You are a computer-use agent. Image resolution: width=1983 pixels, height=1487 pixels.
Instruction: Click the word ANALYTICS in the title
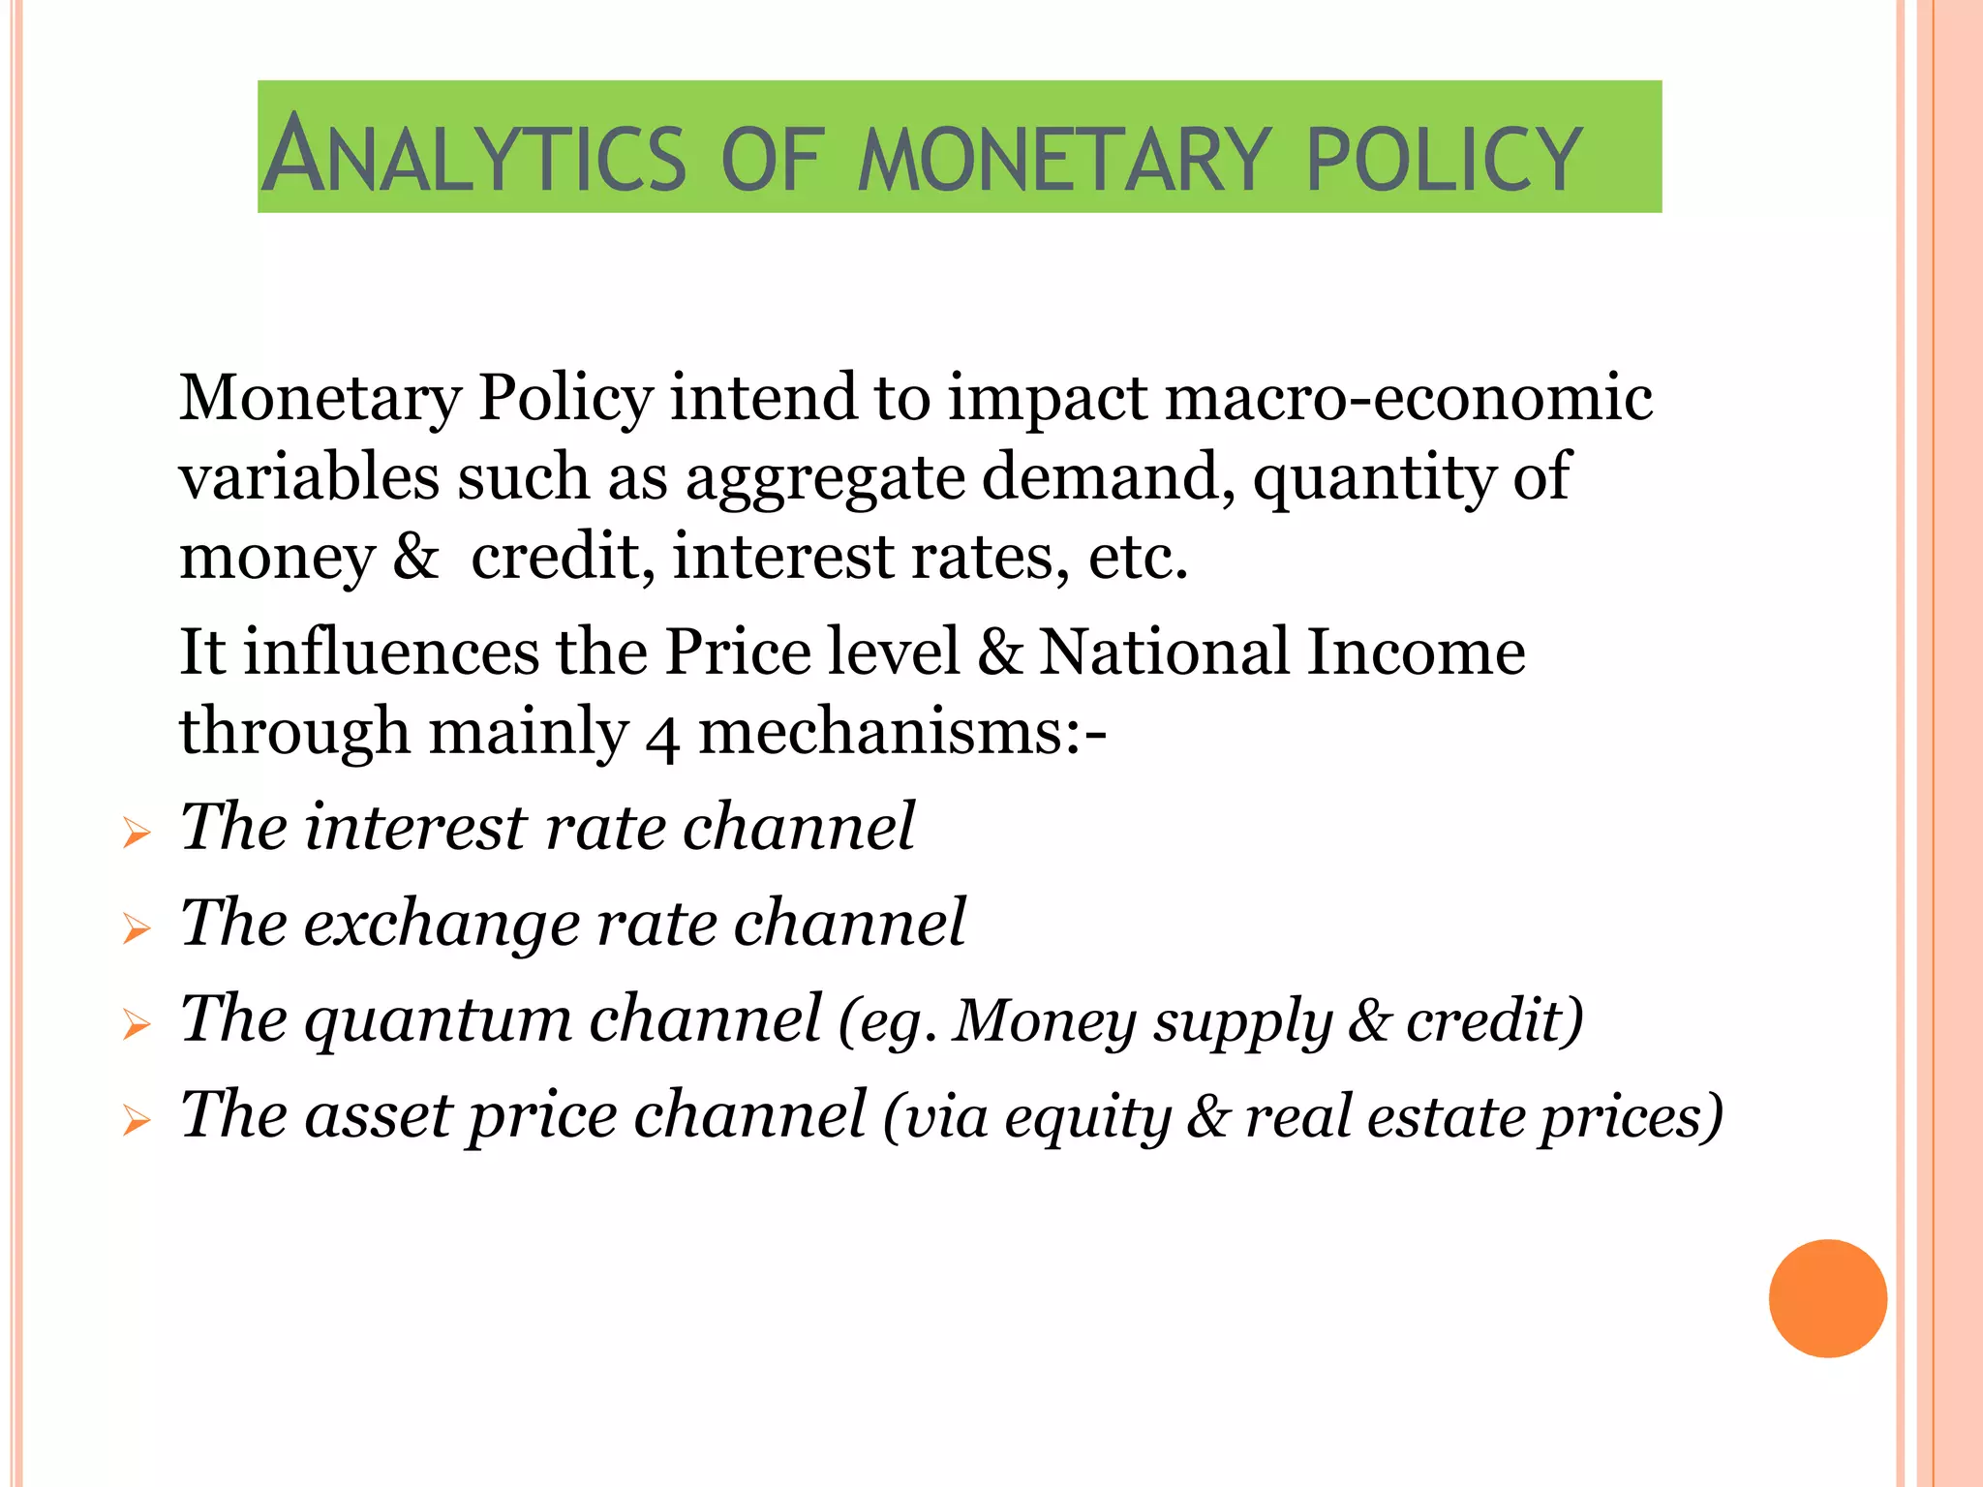(x=474, y=155)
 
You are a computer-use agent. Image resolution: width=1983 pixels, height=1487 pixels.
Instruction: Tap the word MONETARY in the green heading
(x=1063, y=158)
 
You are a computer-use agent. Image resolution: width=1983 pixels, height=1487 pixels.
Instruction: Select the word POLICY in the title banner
(x=1444, y=158)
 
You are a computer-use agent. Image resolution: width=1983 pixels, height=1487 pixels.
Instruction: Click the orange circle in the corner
(x=1827, y=1298)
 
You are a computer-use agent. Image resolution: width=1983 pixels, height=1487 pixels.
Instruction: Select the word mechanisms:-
(x=901, y=732)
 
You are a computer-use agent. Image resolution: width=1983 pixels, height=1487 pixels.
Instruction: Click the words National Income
(x=1282, y=652)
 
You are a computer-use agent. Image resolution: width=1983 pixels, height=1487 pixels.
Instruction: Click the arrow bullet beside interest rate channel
(x=137, y=833)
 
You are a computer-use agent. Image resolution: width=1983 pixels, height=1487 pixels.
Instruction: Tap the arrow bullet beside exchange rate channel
(x=137, y=928)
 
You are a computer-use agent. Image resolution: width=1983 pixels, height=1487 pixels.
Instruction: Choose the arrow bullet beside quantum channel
(x=137, y=1024)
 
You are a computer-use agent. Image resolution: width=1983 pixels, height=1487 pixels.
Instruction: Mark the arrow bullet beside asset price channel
(x=137, y=1121)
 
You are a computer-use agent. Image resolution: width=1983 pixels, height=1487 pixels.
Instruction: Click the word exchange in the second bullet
(x=441, y=923)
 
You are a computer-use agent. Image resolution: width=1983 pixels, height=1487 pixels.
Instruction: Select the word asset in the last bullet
(x=378, y=1115)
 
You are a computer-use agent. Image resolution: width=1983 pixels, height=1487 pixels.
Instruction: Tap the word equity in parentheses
(x=1087, y=1118)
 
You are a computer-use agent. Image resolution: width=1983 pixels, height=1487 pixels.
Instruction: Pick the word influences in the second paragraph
(x=390, y=652)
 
